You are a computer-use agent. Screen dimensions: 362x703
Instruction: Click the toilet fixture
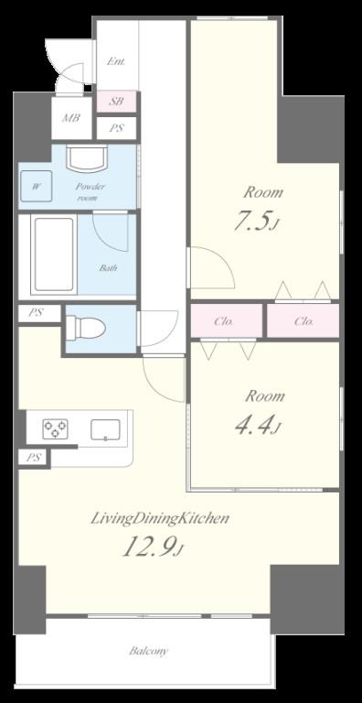(86, 328)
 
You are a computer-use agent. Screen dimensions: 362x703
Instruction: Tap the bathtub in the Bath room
(54, 254)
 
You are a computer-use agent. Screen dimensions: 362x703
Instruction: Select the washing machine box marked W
(36, 186)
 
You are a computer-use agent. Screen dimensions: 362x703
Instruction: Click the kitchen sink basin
(105, 429)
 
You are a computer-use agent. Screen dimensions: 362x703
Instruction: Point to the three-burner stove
(55, 429)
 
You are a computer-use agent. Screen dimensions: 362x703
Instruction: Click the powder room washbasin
(87, 158)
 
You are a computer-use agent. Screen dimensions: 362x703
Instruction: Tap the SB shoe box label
(116, 102)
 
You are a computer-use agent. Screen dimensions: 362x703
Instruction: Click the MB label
(71, 118)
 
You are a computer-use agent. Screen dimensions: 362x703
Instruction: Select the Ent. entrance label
(115, 61)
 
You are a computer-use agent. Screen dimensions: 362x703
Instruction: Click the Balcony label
(149, 651)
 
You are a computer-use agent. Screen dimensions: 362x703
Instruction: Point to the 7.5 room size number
(252, 221)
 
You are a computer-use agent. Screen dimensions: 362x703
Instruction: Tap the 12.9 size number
(149, 546)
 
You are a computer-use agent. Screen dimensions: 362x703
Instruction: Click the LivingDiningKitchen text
(160, 519)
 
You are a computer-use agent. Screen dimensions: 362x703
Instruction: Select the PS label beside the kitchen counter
(34, 459)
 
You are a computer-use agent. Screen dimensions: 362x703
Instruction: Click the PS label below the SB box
(116, 128)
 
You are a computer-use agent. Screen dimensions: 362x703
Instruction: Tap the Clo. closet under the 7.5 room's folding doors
(303, 321)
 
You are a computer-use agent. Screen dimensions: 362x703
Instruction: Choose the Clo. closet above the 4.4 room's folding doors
(227, 321)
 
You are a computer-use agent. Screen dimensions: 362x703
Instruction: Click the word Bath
(109, 268)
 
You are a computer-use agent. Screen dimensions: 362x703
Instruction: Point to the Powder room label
(90, 192)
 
